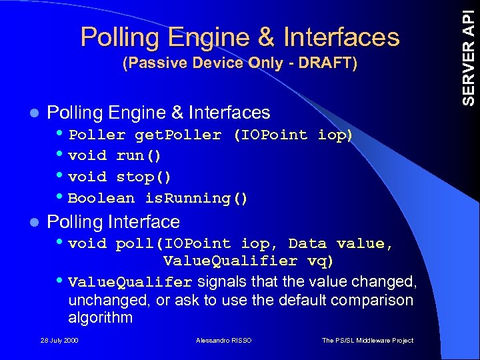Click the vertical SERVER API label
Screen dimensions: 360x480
tap(469, 53)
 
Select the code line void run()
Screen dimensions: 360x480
tap(115, 156)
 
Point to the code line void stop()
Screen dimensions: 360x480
tap(120, 177)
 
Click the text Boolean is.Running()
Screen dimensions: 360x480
tap(159, 198)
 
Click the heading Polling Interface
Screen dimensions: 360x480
tap(113, 221)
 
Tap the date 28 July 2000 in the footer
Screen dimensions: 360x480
tap(59, 341)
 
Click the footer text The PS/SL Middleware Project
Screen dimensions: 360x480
tap(367, 341)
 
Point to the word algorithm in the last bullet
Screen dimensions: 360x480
tap(100, 317)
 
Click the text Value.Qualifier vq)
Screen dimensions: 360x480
tap(249, 260)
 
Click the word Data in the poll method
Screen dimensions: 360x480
tap(307, 243)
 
